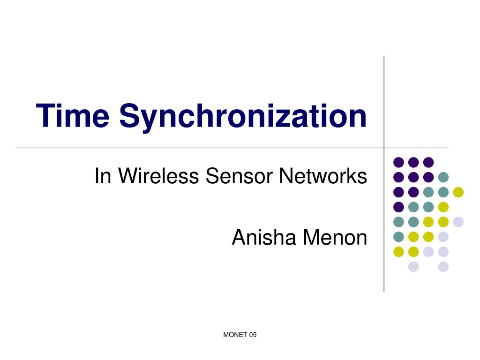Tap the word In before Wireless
pos(103,176)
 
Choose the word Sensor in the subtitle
pos(239,176)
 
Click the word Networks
pos(323,176)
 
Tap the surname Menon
pos(335,238)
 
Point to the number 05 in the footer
pos(253,335)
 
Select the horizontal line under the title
pos(187,148)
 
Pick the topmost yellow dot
pos(458,192)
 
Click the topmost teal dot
pos(443,177)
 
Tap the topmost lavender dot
pos(458,222)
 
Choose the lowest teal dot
pos(398,237)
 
